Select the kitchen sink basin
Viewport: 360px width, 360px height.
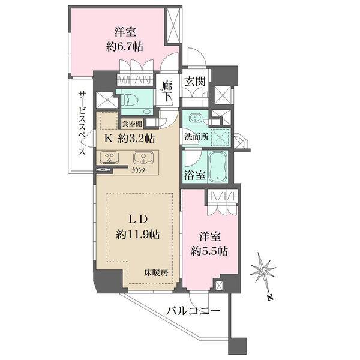141,158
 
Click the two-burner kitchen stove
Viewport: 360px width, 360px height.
110,158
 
